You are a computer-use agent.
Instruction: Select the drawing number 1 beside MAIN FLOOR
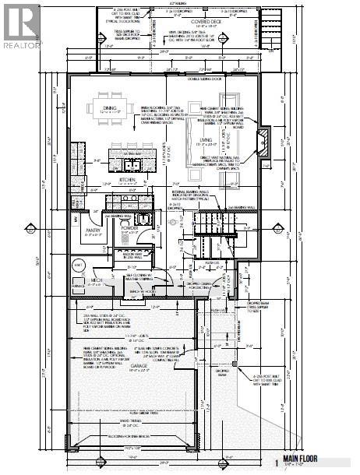pyautogui.click(x=276, y=460)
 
